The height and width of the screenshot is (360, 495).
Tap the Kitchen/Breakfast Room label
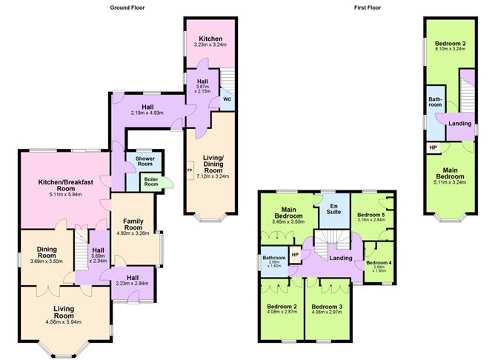(65, 186)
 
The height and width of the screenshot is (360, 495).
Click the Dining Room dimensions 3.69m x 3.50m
(46, 262)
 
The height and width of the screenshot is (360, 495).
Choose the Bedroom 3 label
(328, 306)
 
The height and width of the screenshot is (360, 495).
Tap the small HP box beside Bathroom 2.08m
(296, 255)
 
